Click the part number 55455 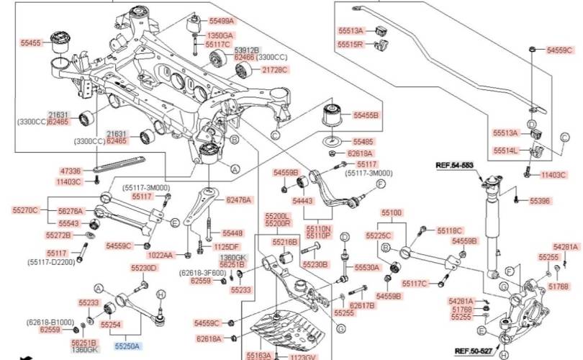[x=31, y=42]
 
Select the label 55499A [x=220, y=22]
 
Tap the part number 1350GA [x=220, y=35]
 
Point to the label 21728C [x=274, y=70]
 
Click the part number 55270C [x=25, y=210]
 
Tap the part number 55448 [x=232, y=233]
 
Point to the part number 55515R [x=352, y=45]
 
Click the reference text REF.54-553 [x=456, y=165]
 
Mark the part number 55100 [x=392, y=214]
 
